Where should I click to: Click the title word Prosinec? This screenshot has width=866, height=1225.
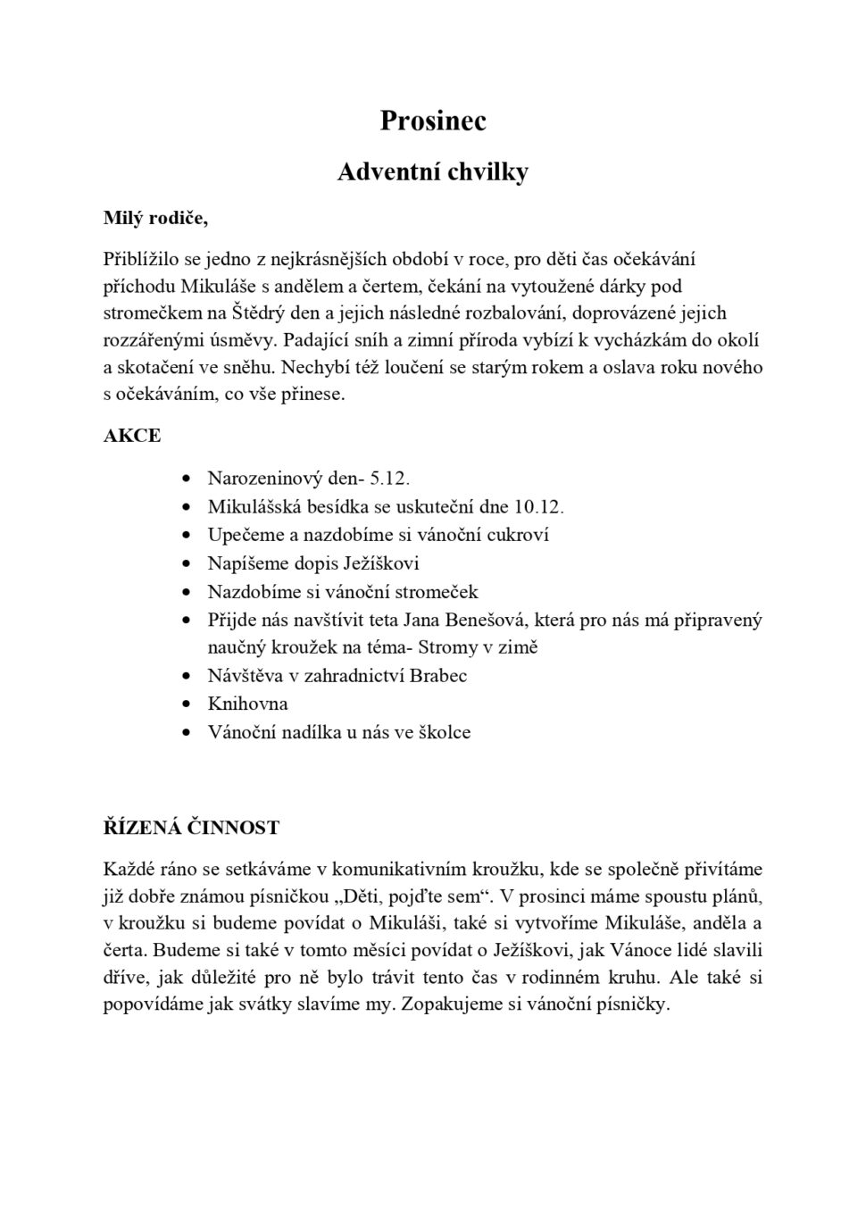tap(433, 121)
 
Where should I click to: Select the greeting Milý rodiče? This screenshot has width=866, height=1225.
tap(155, 218)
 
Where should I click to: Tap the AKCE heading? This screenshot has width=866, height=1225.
tap(132, 436)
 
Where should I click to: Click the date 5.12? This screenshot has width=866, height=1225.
tap(389, 479)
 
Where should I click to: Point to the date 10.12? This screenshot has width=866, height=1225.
tap(539, 507)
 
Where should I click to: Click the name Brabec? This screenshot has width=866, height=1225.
tap(438, 676)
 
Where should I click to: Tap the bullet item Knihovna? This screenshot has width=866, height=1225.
tap(247, 704)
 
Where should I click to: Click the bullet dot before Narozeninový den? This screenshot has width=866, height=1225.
tap(186, 479)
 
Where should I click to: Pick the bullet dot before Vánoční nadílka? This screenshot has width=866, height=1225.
tap(186, 732)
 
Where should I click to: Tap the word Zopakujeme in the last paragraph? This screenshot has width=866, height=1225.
tap(453, 1004)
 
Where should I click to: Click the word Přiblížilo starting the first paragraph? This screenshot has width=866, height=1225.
tap(142, 259)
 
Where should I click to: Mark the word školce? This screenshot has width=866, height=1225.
tap(445, 732)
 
